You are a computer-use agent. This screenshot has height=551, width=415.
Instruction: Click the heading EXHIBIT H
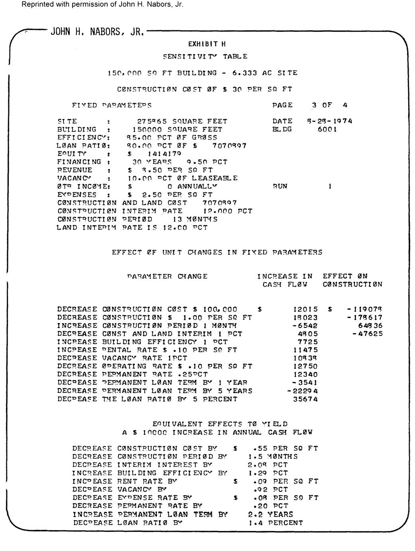[x=207, y=44]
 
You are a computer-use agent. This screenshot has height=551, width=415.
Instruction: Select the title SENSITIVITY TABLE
[x=205, y=57]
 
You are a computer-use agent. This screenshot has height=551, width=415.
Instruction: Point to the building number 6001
[x=327, y=129]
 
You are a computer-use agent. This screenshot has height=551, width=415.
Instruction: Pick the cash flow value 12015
[x=305, y=309]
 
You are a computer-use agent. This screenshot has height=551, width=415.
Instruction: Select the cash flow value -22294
[x=303, y=391]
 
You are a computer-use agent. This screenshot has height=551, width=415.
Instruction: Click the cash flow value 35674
[x=305, y=399]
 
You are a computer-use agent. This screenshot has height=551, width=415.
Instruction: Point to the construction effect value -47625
[x=368, y=333]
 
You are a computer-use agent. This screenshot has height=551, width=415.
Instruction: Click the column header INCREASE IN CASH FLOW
[x=285, y=280]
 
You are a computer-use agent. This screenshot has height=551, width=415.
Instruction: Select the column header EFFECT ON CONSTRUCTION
[x=352, y=280]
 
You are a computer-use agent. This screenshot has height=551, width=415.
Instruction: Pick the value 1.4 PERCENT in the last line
[x=275, y=523]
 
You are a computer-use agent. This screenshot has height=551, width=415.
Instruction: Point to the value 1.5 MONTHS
[x=273, y=456]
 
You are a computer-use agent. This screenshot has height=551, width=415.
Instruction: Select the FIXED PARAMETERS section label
[x=112, y=105]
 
